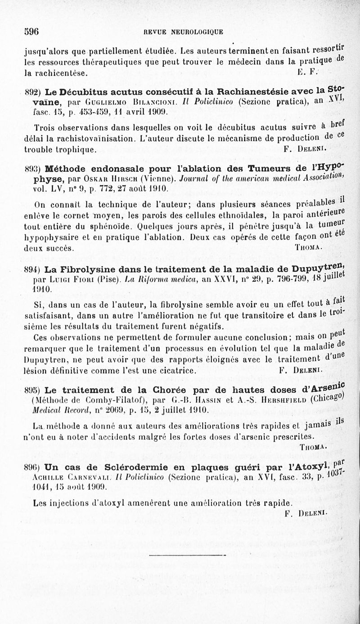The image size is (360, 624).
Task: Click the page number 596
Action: (x=32, y=31)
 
